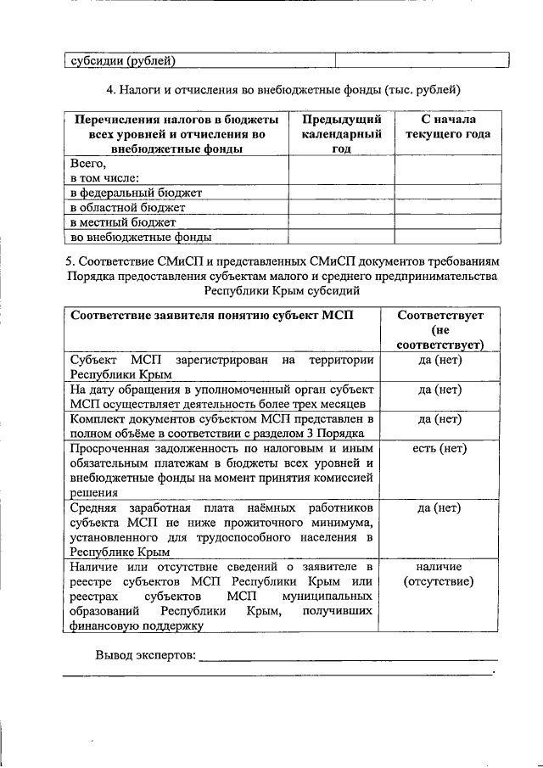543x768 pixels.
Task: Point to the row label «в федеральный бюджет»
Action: point(136,192)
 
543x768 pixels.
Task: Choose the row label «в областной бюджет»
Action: point(127,207)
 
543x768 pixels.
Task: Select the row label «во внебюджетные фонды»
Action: point(140,238)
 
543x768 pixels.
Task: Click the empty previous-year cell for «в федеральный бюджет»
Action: point(341,192)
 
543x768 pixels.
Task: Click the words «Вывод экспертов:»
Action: point(145,655)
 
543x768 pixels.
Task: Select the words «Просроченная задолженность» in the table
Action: point(153,449)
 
